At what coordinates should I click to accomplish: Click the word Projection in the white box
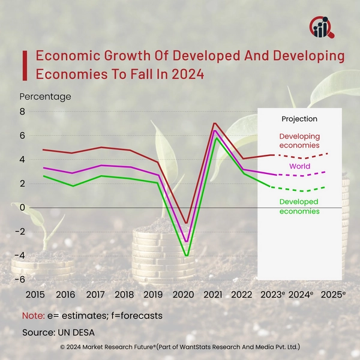[299, 119]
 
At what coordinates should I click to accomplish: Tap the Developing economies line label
[299, 141]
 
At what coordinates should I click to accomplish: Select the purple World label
[299, 166]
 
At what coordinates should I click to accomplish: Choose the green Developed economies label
[299, 207]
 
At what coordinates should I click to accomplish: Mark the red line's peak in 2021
[214, 123]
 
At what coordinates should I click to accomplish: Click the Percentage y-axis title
[45, 96]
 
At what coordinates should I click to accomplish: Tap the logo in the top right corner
[323, 26]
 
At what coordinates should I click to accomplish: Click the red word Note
[32, 315]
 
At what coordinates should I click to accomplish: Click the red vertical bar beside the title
[25, 65]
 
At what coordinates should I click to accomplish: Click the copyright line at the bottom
[180, 347]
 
